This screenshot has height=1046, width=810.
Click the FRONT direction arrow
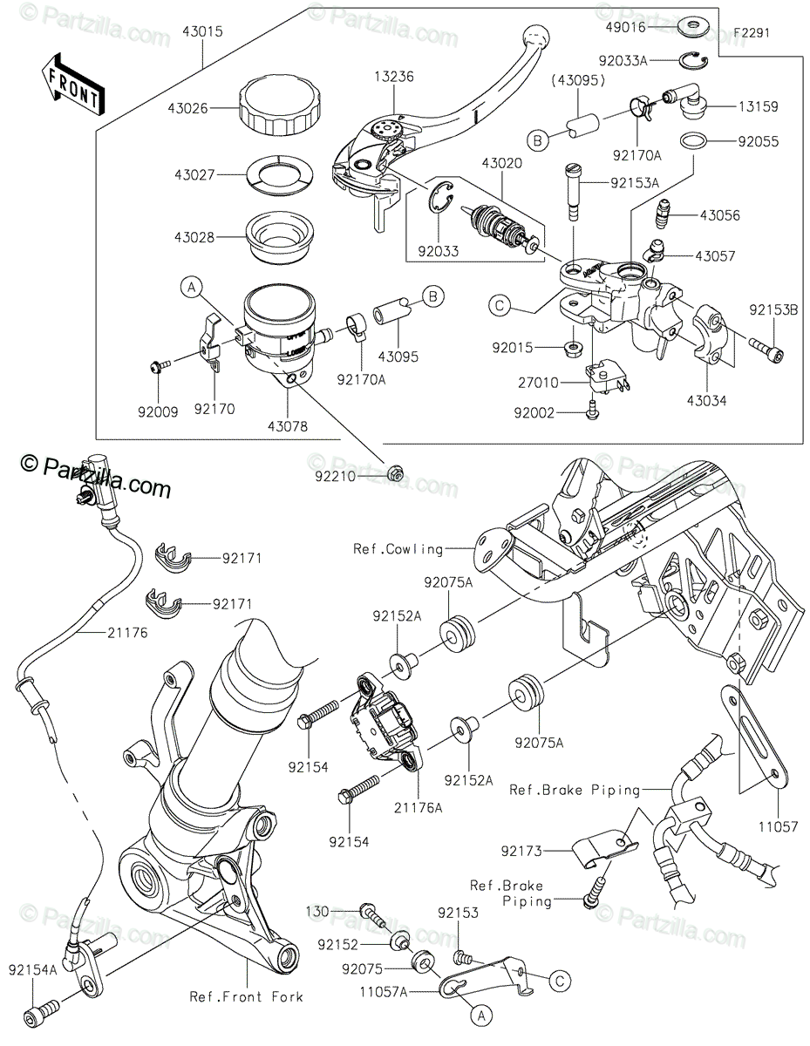coord(72,85)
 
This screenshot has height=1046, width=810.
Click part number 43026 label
coord(187,109)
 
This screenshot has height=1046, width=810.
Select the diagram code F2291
coord(752,33)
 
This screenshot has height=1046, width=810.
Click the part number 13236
coord(395,77)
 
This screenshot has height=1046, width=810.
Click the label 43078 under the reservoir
coord(289,426)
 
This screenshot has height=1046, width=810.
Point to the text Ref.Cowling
coord(398,549)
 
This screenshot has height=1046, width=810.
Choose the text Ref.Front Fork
coord(246,996)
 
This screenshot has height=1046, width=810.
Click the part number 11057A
coord(383,992)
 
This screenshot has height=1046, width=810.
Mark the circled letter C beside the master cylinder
coord(500,306)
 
